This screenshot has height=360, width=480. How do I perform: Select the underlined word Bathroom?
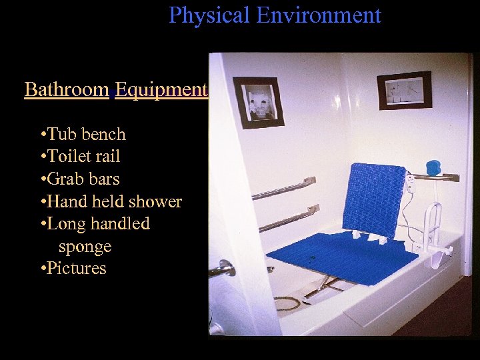click(67, 89)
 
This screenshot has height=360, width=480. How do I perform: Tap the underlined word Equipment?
click(161, 89)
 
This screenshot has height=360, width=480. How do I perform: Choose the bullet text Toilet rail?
click(84, 157)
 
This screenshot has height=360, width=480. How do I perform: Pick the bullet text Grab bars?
click(83, 179)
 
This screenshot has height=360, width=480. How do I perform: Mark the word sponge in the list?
click(85, 246)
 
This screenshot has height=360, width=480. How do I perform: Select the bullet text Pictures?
click(77, 268)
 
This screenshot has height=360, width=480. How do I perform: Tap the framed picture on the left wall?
click(258, 103)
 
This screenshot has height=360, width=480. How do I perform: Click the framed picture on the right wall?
click(404, 89)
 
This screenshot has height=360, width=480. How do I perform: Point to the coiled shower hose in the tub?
click(287, 303)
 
